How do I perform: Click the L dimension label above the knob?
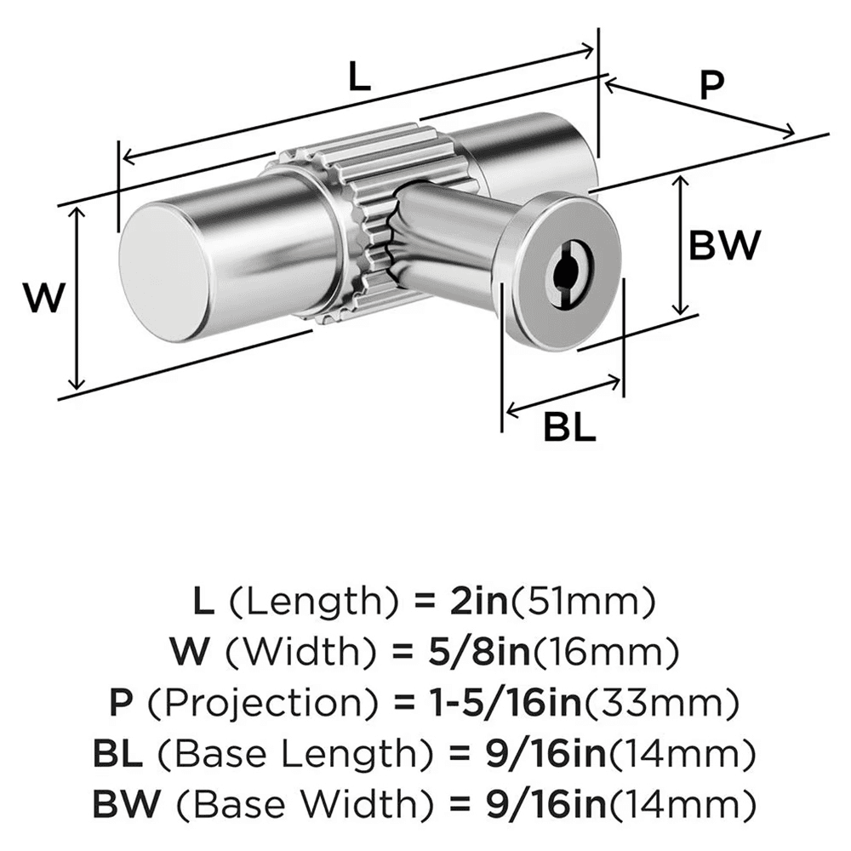[x=360, y=79]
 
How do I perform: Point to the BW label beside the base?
[x=722, y=246]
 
